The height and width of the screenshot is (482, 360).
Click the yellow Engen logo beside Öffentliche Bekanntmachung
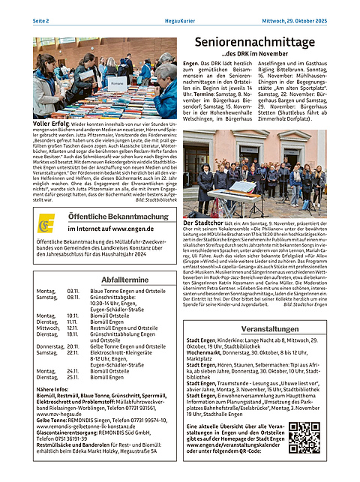(x=47, y=223)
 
